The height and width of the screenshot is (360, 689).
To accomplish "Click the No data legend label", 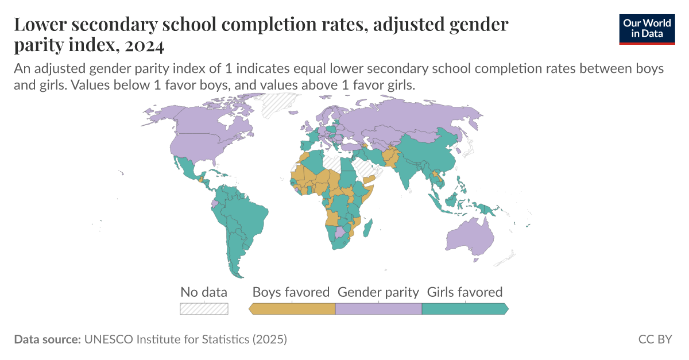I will pos(204,292).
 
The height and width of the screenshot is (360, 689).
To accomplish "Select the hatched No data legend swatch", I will pos(204,309).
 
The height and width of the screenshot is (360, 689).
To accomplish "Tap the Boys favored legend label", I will pos(291,292).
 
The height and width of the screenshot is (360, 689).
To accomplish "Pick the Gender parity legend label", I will pos(378,292).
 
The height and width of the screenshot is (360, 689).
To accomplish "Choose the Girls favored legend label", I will pos(465,292).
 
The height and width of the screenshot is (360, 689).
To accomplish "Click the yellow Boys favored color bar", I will pos(292,309).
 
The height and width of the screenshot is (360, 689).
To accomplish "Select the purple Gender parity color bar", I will pos(378,309).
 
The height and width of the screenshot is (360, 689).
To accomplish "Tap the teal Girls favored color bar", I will pos(465,309).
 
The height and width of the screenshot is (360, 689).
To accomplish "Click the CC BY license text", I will pos(655,339).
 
